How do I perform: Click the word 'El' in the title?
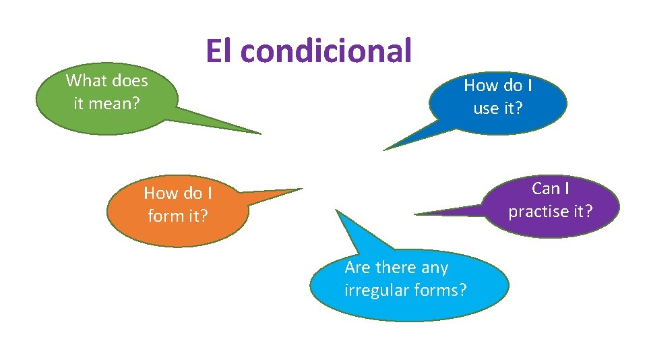click(x=219, y=51)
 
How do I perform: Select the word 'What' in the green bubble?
click(x=84, y=81)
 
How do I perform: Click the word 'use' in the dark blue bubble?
click(x=485, y=109)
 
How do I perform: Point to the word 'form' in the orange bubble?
click(x=162, y=216)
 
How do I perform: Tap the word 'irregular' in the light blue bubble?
click(x=375, y=291)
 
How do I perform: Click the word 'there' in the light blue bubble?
click(x=396, y=268)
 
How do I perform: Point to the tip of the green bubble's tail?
click(x=260, y=133)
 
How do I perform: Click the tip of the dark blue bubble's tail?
click(x=383, y=149)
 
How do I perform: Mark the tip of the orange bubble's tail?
click(x=303, y=189)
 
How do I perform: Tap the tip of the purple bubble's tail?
click(x=414, y=214)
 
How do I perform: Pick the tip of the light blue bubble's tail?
click(x=336, y=210)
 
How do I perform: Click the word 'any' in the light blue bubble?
click(x=435, y=268)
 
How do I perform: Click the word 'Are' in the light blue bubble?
click(x=357, y=268)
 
